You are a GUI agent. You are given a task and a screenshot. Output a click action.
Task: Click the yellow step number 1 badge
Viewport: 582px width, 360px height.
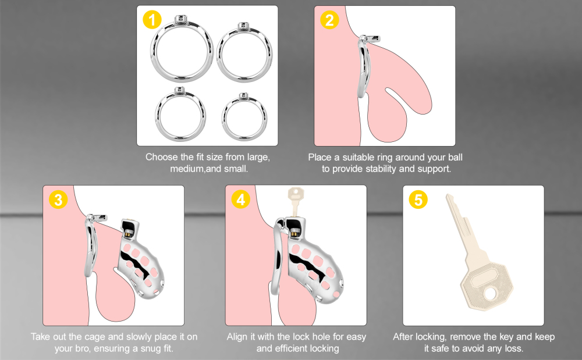pos(152,20)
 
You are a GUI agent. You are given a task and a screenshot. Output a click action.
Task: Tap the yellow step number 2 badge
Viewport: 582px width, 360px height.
pos(329,20)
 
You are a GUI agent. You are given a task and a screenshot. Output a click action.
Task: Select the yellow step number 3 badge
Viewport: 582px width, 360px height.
pos(58,200)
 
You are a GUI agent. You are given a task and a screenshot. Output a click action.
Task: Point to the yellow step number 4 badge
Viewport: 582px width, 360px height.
pos(240,200)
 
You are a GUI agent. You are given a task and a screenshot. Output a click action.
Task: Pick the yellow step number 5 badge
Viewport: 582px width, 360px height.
pos(418,200)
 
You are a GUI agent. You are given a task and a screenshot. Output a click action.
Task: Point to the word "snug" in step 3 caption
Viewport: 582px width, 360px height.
pos(139,348)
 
